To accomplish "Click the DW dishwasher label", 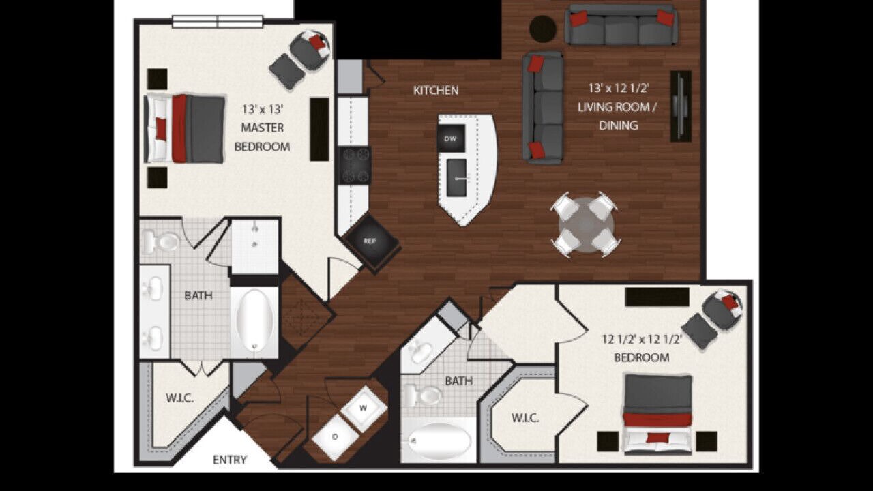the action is tap(450, 138).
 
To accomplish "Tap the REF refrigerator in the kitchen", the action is tap(370, 241).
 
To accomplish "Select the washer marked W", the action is tap(364, 408).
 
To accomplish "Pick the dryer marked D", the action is tap(335, 437).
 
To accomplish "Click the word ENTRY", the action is tap(230, 460).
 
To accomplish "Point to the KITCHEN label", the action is tap(436, 91).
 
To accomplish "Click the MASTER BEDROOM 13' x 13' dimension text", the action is tap(262, 109).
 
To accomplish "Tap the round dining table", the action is tap(585, 225).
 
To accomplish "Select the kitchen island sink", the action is tap(457, 178).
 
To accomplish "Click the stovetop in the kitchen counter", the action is tap(354, 165).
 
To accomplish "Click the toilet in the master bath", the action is tap(160, 241).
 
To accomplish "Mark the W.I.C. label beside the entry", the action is tap(179, 398).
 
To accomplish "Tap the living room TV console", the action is tap(681, 106).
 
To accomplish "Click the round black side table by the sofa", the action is tap(542, 28).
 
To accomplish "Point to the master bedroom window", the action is tap(218, 22).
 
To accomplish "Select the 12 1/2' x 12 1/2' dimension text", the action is tap(642, 340).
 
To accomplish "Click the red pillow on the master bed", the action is tap(160, 129).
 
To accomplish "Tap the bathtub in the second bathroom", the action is tap(439, 441).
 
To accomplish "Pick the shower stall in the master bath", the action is tap(255, 246).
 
